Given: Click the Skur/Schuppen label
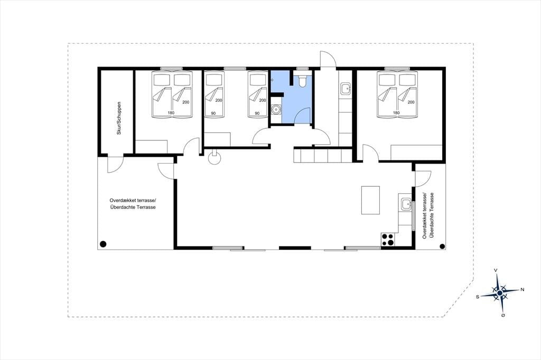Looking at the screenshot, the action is [119, 118].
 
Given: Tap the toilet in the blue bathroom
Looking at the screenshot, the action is [302, 80].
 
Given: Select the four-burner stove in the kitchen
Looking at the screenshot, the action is [388, 239].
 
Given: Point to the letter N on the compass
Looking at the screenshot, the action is [522, 290].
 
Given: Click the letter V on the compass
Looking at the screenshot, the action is [496, 270].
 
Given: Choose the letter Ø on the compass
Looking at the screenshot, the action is [503, 315].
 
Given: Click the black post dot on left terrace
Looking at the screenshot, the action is [102, 244].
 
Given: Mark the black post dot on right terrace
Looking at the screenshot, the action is [442, 246].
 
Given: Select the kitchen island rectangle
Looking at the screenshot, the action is [370, 200].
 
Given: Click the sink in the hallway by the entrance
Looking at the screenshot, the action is [345, 89].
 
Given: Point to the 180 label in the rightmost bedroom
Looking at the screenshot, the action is [396, 113].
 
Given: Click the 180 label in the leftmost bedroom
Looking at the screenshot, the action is [171, 113].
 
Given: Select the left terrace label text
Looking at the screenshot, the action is [133, 203].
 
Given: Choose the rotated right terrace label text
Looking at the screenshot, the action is [427, 215].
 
